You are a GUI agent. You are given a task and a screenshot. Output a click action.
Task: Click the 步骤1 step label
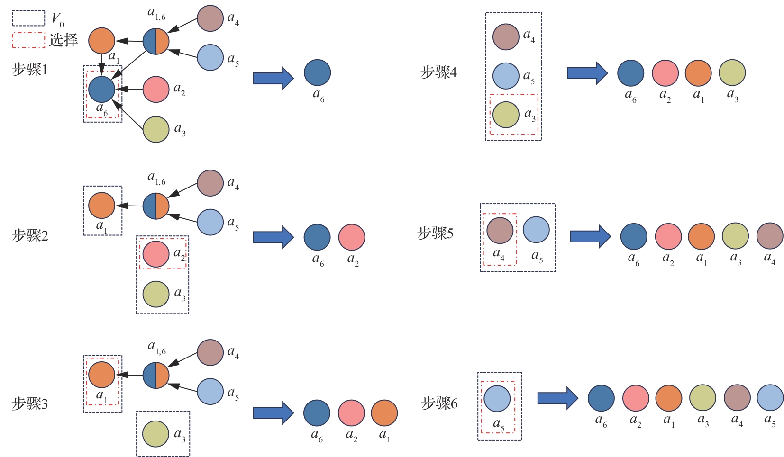coord(29,70)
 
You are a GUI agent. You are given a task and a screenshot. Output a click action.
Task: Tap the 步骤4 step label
coord(438,72)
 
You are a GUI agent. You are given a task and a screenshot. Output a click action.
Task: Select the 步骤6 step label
coord(439,403)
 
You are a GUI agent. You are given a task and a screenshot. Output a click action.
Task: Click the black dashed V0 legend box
coord(28,18)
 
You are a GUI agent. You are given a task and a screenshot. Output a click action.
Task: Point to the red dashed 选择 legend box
coord(28,40)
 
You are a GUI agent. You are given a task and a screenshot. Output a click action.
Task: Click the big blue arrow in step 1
coord(273,78)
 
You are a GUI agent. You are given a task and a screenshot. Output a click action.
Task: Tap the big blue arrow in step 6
coord(557,398)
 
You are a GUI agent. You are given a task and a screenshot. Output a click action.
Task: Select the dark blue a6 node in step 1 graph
coord(102,89)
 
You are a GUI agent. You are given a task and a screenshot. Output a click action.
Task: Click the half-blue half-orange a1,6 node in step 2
coord(156,206)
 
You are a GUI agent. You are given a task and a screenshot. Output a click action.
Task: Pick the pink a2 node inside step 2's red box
coord(156,254)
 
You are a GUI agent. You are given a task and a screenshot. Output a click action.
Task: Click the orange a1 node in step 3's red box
coord(102,375)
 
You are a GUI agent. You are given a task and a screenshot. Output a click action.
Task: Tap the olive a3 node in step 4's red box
coord(506,115)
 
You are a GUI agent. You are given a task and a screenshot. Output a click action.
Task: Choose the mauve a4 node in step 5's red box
coord(500,230)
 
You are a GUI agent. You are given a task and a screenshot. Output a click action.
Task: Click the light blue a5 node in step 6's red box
coord(497,398)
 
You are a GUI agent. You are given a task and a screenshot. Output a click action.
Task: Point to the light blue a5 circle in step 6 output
coord(770,398)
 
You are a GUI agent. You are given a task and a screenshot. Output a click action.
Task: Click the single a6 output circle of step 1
coord(317,72)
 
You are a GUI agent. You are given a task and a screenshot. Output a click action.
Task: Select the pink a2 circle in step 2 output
coord(352,237)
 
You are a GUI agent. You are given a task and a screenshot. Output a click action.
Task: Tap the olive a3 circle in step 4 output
coord(732,72)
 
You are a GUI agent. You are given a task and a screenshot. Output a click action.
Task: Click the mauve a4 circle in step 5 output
coord(770,236)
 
